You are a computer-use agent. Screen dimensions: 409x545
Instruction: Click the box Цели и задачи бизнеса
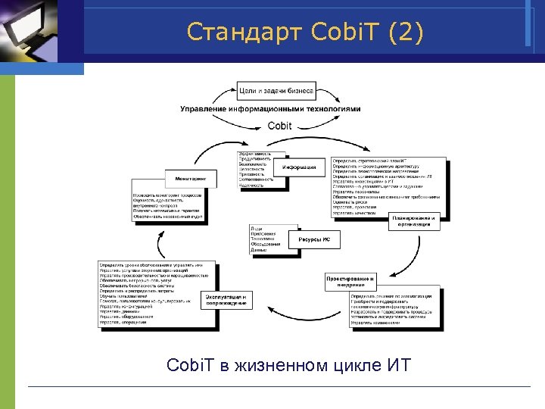(x=275, y=90)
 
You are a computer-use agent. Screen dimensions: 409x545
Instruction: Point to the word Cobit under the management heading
(x=279, y=126)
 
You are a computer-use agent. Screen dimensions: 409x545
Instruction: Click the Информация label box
(x=301, y=167)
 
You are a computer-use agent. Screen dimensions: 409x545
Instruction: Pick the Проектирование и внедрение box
(x=350, y=282)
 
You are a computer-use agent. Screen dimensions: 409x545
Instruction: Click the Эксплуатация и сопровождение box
(x=226, y=301)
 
